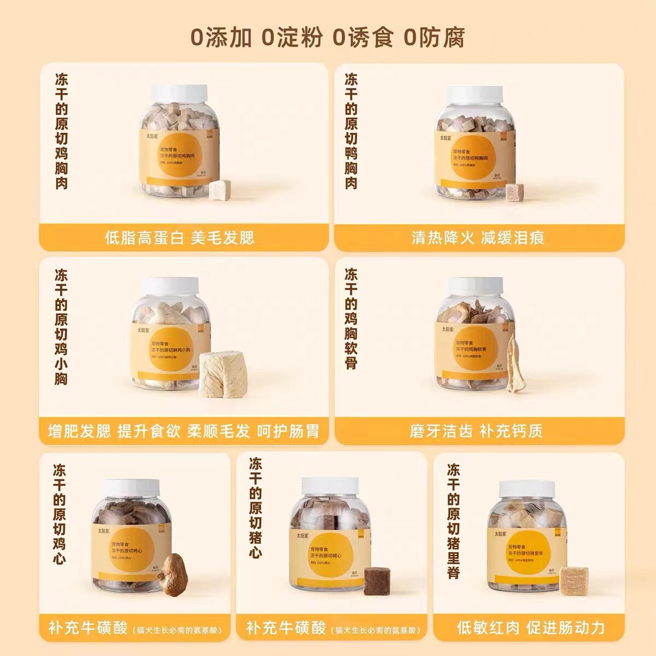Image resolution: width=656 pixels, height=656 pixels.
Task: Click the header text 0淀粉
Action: point(291,38)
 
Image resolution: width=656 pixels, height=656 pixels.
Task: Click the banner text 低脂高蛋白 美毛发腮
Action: point(179,238)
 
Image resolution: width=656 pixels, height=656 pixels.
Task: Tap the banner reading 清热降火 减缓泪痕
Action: point(478,238)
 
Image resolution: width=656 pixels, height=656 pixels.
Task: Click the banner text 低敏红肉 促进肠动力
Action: point(531,628)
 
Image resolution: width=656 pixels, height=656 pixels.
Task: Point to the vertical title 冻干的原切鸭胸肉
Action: point(351,131)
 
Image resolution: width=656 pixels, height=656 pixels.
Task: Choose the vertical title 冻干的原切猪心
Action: point(255,508)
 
